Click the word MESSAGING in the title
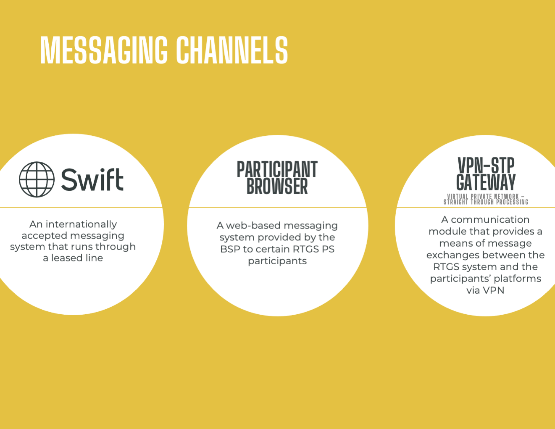[104, 50]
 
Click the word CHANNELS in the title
[232, 50]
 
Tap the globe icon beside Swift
[37, 179]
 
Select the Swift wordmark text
[92, 179]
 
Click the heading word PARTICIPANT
[277, 169]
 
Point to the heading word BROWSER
[277, 186]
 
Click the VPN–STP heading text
[486, 166]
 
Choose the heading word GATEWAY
[486, 182]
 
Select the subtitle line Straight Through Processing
[486, 202]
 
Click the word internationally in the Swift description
[81, 224]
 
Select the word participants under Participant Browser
[277, 261]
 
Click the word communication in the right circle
[490, 220]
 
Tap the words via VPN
[485, 291]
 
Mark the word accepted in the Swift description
[42, 236]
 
